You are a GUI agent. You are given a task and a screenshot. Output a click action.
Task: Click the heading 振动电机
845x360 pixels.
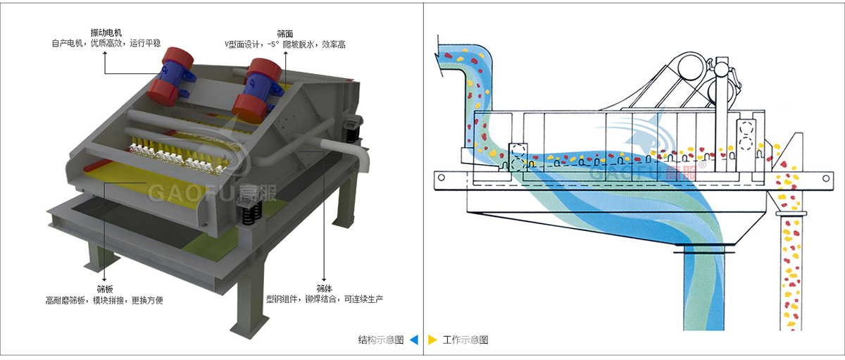[106, 32]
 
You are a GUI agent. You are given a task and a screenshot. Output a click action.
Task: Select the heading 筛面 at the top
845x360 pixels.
[285, 32]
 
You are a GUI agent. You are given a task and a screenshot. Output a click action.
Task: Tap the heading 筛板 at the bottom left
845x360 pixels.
[104, 289]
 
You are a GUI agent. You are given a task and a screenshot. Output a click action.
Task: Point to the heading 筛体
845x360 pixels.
[324, 289]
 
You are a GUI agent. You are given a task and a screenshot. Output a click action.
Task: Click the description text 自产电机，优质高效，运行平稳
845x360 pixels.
[106, 43]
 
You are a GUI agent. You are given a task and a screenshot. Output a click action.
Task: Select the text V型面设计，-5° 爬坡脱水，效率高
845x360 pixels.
[285, 44]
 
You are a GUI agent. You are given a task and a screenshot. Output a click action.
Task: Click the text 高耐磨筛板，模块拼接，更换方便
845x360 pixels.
[104, 300]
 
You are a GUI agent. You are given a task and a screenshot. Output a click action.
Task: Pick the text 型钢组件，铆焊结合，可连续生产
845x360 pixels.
[324, 299]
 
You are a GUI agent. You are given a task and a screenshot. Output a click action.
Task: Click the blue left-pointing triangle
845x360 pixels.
[414, 340]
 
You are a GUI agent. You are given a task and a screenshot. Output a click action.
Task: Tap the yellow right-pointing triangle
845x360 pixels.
[432, 340]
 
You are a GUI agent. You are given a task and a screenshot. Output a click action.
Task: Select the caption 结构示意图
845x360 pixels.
[381, 340]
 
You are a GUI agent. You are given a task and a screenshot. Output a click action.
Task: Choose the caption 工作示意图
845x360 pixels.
[465, 340]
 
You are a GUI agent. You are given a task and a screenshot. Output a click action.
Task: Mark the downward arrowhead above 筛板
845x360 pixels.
[104, 278]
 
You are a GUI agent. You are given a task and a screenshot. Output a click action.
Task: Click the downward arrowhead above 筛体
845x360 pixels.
[324, 278]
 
